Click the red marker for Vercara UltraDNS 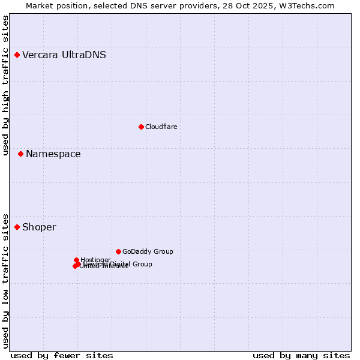click(x=17, y=55)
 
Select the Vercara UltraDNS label click(x=64, y=55)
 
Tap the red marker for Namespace click(x=20, y=154)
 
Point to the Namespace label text click(x=53, y=154)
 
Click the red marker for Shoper click(x=17, y=227)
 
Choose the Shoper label click(x=39, y=227)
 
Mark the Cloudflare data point click(x=141, y=127)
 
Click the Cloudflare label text click(x=161, y=127)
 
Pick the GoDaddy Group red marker click(x=118, y=251)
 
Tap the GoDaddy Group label click(x=148, y=252)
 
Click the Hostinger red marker click(x=77, y=260)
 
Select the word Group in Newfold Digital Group click(x=142, y=264)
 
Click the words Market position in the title click(x=53, y=5)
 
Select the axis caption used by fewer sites click(x=62, y=355)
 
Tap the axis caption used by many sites click(x=301, y=355)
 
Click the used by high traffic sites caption click(x=6, y=85)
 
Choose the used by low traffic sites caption click(x=6, y=280)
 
